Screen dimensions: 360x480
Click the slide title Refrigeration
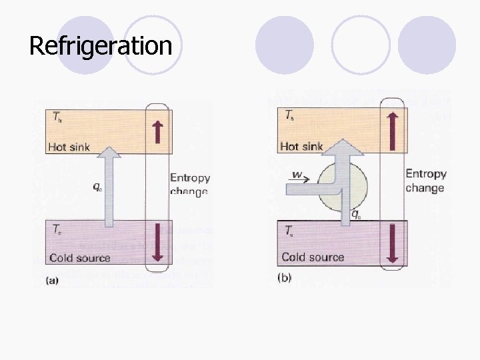click(101, 46)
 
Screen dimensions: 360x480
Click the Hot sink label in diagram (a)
click(70, 147)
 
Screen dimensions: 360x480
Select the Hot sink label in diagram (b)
click(302, 146)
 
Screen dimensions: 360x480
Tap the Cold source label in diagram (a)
click(79, 258)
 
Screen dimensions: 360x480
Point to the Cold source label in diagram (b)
click(313, 257)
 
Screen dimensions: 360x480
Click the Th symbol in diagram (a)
click(58, 115)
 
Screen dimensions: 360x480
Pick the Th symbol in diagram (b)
click(290, 115)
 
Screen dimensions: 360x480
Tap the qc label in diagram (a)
click(97, 187)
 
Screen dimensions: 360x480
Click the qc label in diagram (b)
click(357, 215)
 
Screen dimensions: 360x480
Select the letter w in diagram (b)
click(297, 176)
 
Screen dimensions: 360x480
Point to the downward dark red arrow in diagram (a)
click(158, 242)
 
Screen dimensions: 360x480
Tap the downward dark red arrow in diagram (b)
click(392, 243)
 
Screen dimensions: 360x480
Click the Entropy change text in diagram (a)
click(189, 185)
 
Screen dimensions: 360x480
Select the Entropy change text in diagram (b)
click(425, 181)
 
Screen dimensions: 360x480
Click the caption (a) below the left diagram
click(52, 281)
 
